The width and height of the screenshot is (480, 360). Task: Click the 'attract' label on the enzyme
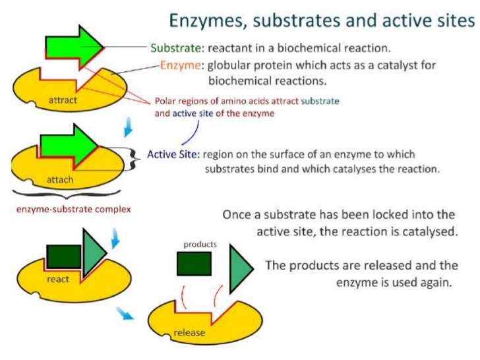(63, 100)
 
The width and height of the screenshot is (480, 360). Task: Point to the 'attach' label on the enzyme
(60, 179)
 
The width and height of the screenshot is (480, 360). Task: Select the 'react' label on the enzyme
(58, 279)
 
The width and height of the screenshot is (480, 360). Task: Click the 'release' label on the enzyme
(189, 332)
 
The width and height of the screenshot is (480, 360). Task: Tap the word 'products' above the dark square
(200, 244)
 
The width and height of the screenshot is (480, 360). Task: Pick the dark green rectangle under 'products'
(194, 262)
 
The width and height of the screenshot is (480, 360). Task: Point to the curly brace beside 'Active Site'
(137, 156)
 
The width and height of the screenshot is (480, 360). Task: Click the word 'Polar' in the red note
(165, 102)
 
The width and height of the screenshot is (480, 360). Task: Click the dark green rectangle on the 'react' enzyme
(64, 256)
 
